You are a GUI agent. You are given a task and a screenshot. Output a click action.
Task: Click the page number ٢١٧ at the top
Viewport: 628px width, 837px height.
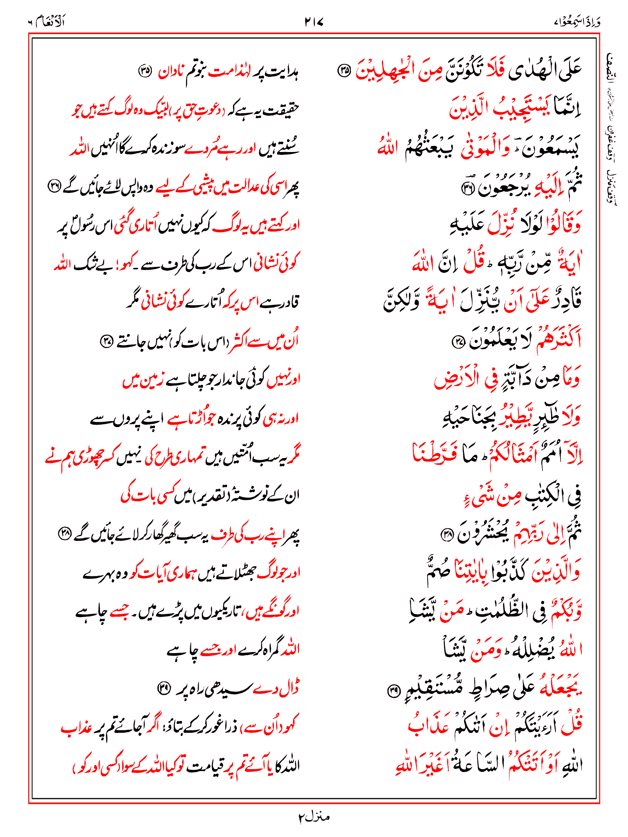point(314,22)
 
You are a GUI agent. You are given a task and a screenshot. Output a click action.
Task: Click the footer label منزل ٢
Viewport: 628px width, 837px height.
point(314,817)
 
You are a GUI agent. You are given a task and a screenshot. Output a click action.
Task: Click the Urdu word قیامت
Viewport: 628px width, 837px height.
point(203,766)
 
